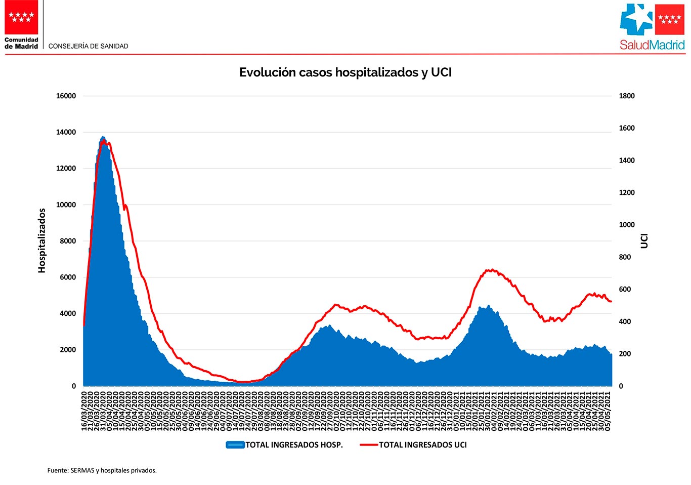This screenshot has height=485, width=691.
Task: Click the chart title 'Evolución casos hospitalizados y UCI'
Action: (345, 72)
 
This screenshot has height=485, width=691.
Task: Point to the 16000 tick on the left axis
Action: (66, 96)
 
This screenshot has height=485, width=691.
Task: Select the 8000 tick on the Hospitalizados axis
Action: (68, 241)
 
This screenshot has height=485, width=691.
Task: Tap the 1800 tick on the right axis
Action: (627, 96)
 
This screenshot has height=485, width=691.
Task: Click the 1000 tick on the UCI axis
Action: (627, 225)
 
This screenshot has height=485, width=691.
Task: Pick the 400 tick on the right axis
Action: (625, 321)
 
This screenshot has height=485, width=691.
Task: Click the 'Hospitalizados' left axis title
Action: (42, 240)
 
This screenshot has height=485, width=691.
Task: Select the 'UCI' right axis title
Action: (644, 241)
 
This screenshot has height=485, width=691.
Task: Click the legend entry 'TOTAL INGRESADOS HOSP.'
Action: (294, 445)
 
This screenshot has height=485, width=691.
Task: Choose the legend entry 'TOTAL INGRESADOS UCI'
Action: (423, 445)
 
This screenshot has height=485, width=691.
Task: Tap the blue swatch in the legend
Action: (235, 445)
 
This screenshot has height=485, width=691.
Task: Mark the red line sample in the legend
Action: (369, 445)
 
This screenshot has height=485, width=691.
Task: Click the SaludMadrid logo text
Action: (652, 45)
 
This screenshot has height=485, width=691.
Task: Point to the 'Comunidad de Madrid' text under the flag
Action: (21, 43)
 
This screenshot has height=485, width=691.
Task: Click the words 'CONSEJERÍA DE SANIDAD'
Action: (88, 46)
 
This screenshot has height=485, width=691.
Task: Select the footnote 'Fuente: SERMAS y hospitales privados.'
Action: (102, 470)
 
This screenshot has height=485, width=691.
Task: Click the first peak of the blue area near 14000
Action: (103, 138)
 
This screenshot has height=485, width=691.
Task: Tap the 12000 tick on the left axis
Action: (66, 169)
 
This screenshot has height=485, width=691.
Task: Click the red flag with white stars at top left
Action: (21, 17)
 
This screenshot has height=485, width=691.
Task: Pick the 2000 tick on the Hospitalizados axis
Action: (68, 350)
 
